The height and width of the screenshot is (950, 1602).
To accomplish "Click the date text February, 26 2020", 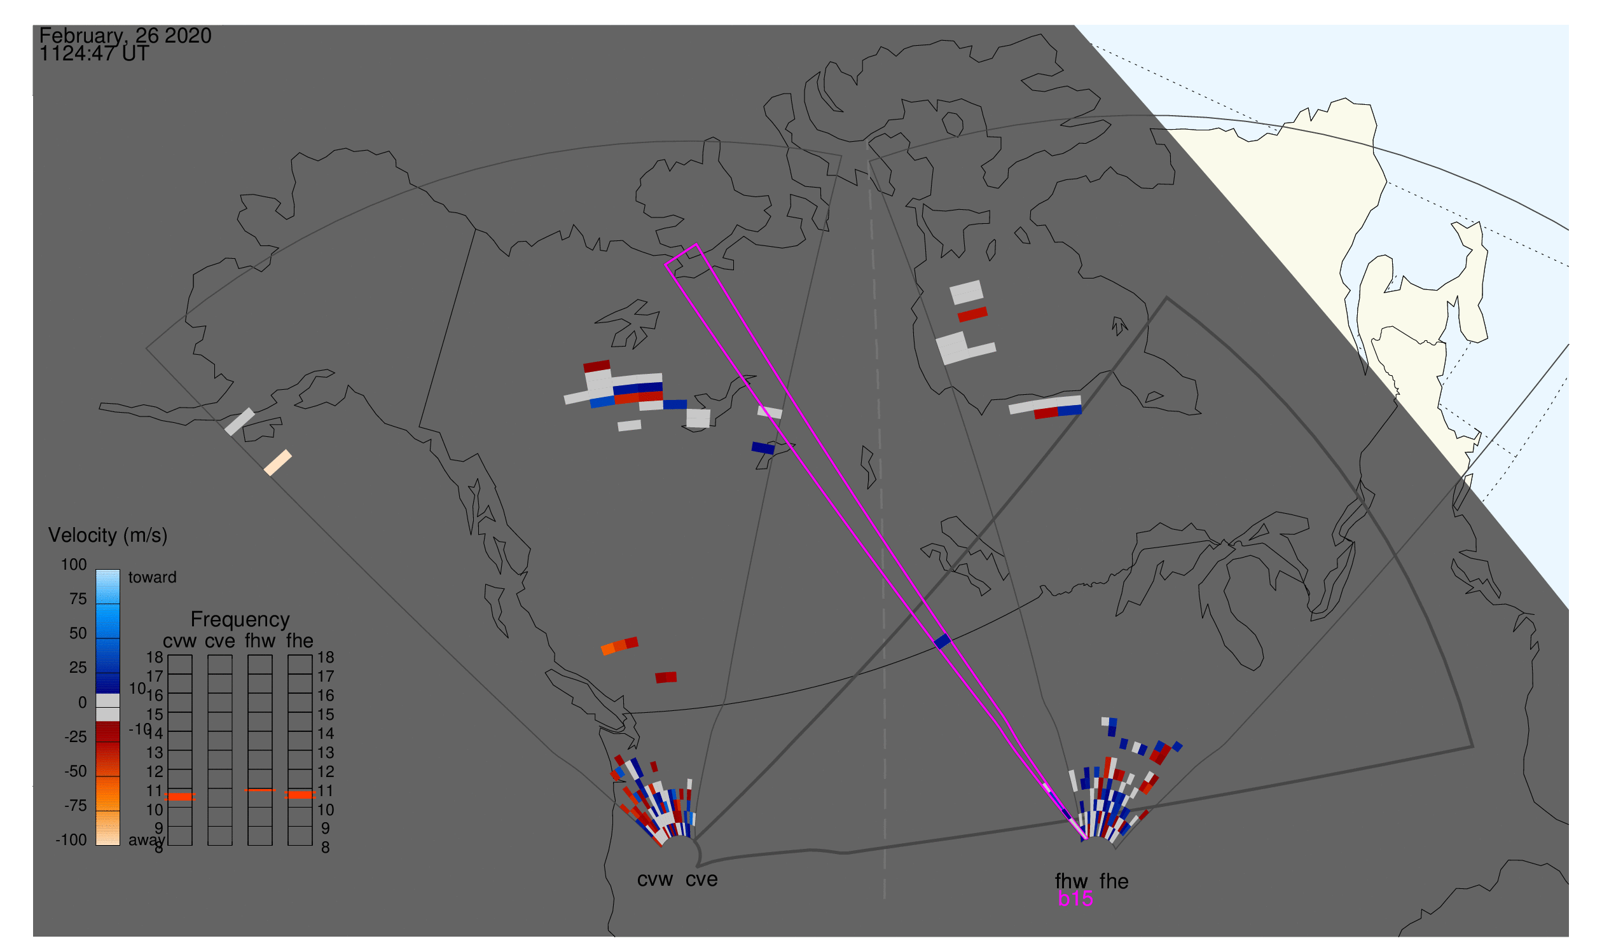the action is pyautogui.click(x=125, y=36).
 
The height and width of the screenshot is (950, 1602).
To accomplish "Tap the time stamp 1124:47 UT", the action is pyautogui.click(x=94, y=54).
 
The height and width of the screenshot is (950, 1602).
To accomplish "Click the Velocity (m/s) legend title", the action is pyautogui.click(x=108, y=536).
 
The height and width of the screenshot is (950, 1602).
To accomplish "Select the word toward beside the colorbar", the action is pyautogui.click(x=153, y=577).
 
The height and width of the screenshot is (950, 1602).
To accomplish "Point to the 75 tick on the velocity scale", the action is pyautogui.click(x=78, y=599).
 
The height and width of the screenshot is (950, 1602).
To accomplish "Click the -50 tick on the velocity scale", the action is pyautogui.click(x=76, y=771).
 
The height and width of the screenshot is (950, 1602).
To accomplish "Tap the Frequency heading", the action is pyautogui.click(x=240, y=620).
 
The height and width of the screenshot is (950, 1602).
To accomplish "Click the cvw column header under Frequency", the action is pyautogui.click(x=180, y=642).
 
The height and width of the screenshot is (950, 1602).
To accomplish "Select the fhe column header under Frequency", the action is pyautogui.click(x=300, y=642).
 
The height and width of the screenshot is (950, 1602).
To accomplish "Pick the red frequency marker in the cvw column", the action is pyautogui.click(x=180, y=797).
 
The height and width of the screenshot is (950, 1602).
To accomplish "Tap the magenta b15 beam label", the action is pyautogui.click(x=1075, y=899).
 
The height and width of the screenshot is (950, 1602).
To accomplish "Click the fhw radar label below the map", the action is pyautogui.click(x=1071, y=881).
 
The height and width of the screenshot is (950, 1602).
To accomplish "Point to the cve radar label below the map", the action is pyautogui.click(x=701, y=880).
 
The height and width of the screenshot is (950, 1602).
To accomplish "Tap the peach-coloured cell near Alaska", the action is pyautogui.click(x=279, y=463).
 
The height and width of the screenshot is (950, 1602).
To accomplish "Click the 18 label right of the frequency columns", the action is pyautogui.click(x=326, y=657).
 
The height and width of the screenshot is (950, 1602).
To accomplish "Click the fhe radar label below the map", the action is pyautogui.click(x=1114, y=881).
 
